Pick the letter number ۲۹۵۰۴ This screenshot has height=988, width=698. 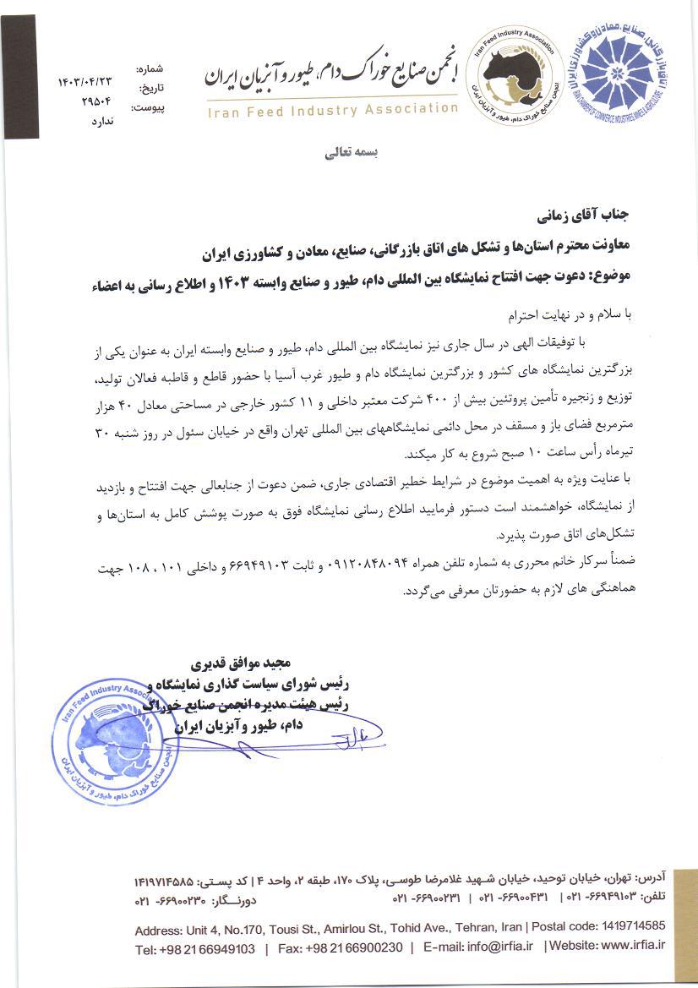click(x=95, y=101)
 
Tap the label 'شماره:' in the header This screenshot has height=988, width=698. click(x=149, y=68)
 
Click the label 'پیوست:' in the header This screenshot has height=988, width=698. click(x=149, y=107)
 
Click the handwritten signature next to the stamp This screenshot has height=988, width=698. click(x=355, y=739)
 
